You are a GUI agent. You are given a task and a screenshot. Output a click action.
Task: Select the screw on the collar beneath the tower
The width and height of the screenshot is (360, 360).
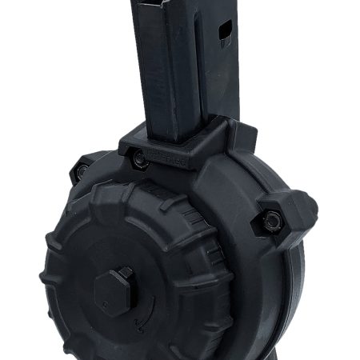pyautogui.click(x=139, y=159)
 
